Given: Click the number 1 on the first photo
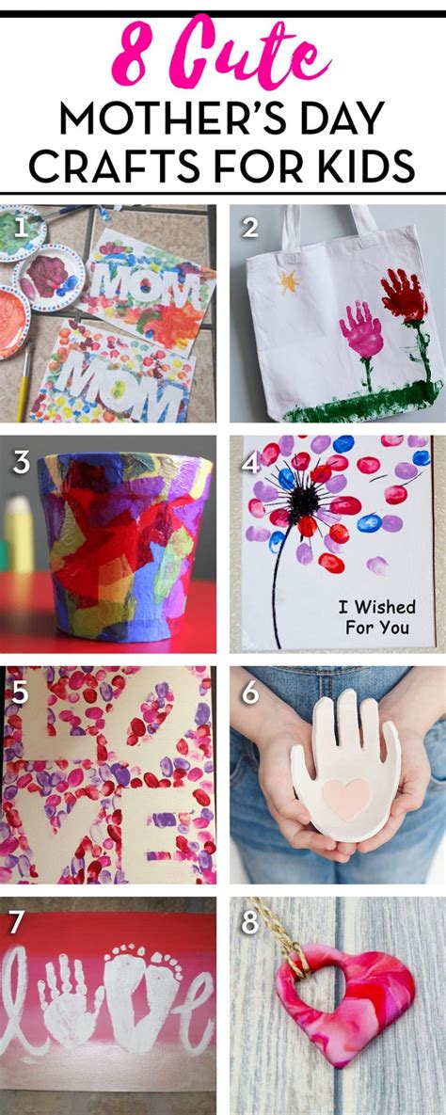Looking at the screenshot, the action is point(21,229).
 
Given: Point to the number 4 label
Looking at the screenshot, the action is point(249,463).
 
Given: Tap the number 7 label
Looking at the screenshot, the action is point(17,922).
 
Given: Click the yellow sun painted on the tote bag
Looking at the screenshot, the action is point(289,281).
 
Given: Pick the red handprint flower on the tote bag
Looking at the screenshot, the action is point(404,295).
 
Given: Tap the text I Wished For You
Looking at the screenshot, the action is point(376,617).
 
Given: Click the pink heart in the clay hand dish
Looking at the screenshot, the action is point(346,798).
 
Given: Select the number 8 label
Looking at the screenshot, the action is point(249,922).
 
